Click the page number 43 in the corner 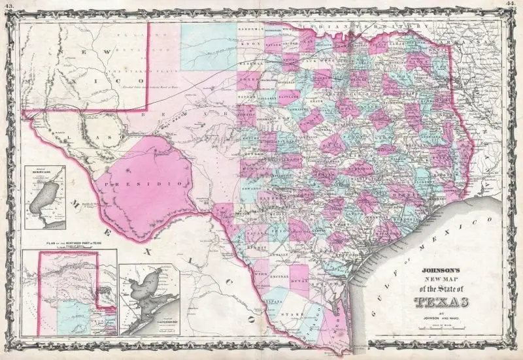coord(8,4)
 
